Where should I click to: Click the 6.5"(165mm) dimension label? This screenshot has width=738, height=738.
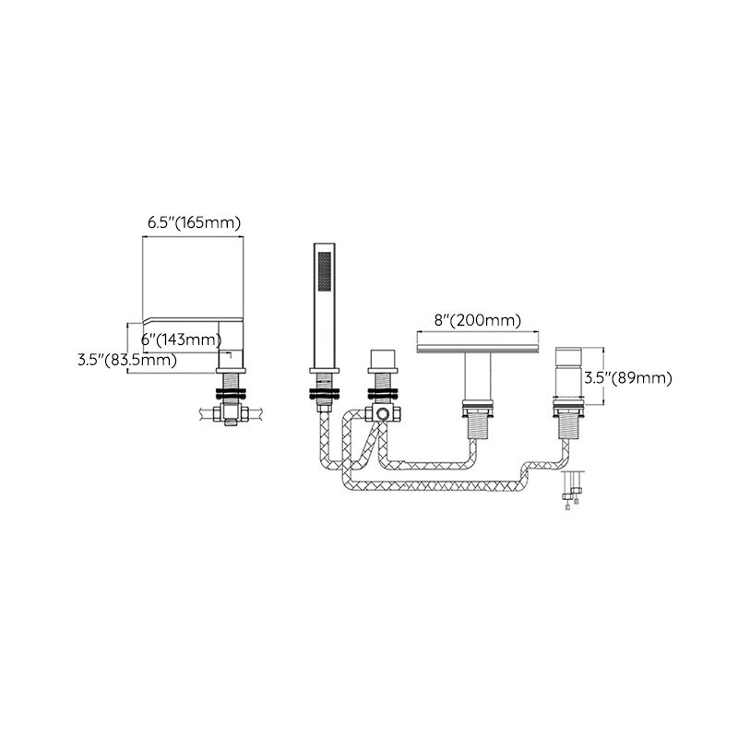pyautogui.click(x=194, y=223)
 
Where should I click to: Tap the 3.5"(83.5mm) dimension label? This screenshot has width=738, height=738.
pyautogui.click(x=127, y=360)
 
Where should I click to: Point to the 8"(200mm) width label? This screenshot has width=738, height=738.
pyautogui.click(x=477, y=320)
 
